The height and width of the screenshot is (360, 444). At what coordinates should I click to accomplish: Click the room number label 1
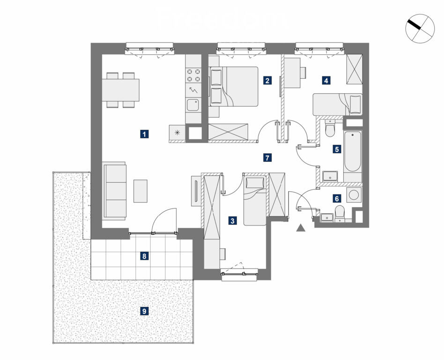coord(144,134)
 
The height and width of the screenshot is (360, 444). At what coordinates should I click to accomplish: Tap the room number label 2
coord(267,81)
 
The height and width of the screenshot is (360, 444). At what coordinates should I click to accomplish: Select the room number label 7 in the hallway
coord(267,157)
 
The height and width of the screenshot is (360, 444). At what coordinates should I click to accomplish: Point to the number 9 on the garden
coord(144,311)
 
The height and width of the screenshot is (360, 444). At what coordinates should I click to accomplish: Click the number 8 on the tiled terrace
coord(144,256)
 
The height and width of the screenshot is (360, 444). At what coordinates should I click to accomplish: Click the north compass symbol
coord(420,29)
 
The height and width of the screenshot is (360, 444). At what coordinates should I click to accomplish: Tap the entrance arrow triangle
coord(301,228)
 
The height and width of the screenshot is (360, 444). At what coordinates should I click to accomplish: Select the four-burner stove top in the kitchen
coord(193,75)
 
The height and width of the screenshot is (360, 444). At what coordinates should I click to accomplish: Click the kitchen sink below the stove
coord(193,105)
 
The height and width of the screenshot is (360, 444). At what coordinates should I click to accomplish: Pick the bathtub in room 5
coord(353,151)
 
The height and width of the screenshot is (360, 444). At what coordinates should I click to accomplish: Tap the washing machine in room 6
coord(354,195)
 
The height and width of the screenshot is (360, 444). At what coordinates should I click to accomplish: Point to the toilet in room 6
coord(339,213)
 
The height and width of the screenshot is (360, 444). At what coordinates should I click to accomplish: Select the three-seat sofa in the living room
coord(115,191)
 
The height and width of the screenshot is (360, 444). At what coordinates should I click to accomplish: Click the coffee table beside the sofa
coord(141,191)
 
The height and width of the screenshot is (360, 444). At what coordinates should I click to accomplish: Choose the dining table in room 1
coord(121,90)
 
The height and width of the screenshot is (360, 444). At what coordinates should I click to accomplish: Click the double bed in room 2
coord(234,86)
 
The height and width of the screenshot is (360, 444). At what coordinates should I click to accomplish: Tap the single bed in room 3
coord(255,201)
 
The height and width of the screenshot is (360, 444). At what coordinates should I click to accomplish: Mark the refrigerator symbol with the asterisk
coord(177,132)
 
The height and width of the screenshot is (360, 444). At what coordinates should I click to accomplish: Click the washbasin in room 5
coord(330,176)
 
